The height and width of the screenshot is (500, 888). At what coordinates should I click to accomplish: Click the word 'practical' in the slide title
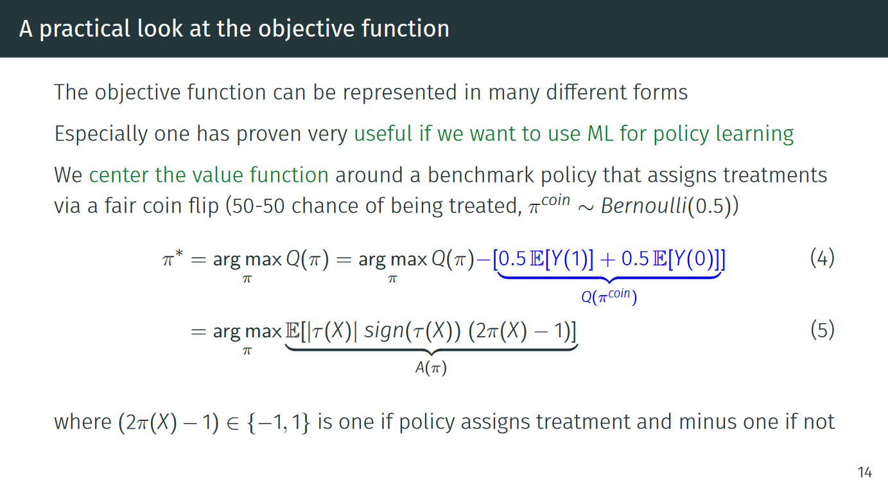85,30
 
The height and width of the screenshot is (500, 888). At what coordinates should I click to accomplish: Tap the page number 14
865,472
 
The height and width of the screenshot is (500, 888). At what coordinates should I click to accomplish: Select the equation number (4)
823,258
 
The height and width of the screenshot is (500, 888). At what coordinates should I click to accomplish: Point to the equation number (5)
823,330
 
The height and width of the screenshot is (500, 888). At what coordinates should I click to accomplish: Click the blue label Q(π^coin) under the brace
609,296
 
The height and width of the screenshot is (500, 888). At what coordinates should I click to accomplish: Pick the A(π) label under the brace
431,368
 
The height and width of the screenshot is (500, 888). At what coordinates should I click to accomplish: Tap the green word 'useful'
383,133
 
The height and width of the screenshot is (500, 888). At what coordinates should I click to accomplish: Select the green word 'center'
118,175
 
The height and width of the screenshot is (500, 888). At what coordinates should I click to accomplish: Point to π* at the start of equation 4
173,258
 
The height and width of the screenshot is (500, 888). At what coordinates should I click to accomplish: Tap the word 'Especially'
101,134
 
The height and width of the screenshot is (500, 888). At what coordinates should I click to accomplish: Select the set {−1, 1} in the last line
278,422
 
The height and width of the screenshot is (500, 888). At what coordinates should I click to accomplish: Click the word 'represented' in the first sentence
399,93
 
